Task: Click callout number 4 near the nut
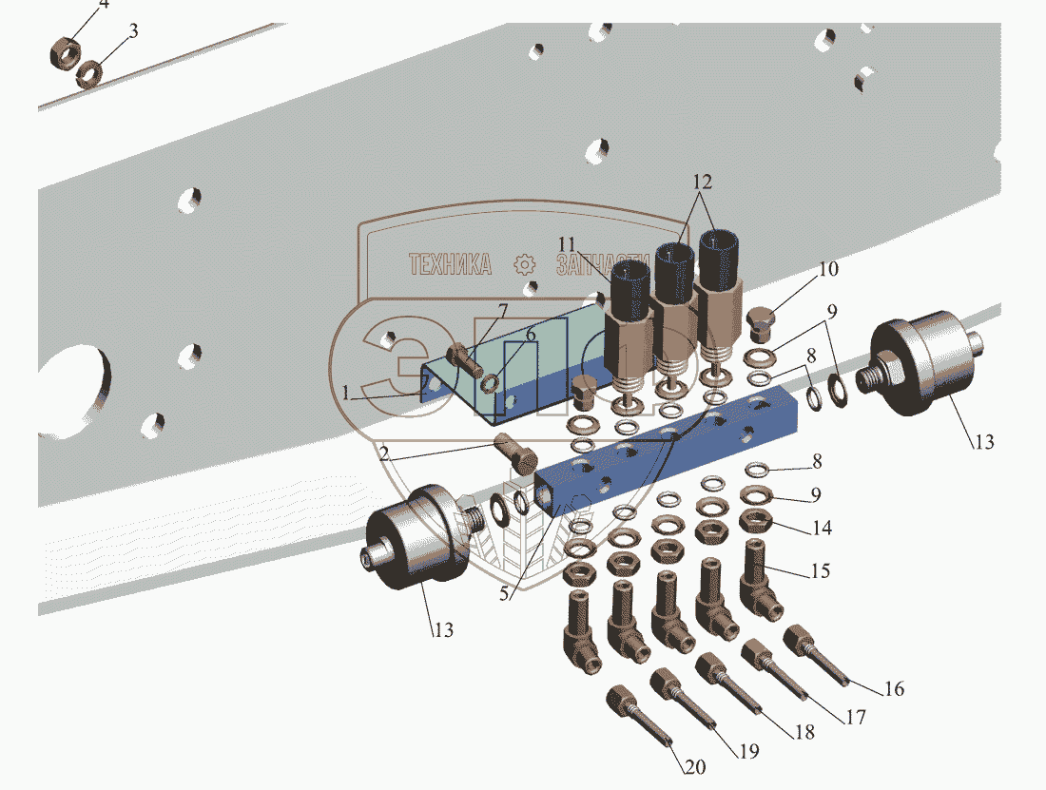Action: [104, 5]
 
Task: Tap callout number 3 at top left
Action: [133, 30]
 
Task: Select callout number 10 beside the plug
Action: [827, 269]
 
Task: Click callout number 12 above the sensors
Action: [702, 181]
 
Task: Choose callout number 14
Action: [821, 527]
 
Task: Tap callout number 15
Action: [819, 570]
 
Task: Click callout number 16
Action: [894, 688]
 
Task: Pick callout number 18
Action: [804, 734]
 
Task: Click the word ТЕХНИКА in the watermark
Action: [450, 264]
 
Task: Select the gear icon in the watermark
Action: [523, 264]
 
